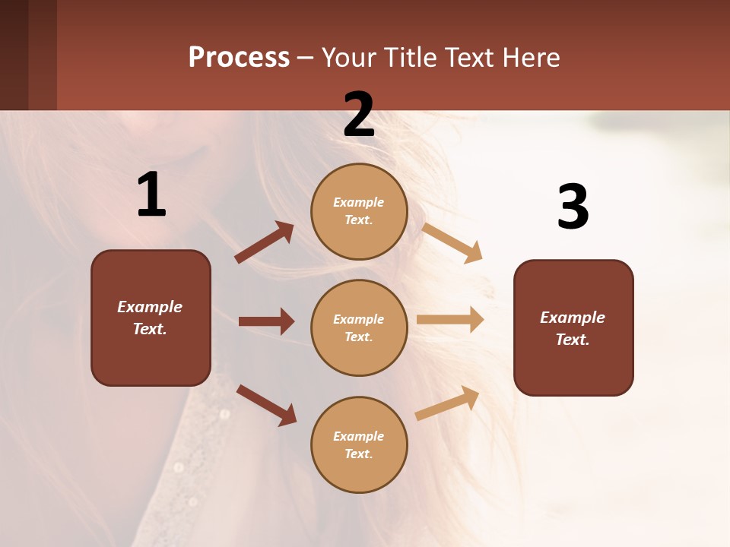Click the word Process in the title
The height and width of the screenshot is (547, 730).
239,58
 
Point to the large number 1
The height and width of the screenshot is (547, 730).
151,194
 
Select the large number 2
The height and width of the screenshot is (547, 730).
359,115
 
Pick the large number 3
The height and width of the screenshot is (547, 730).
573,207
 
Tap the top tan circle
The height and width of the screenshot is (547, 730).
359,211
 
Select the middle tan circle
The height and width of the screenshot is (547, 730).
359,328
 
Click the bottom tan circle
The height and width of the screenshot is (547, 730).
359,445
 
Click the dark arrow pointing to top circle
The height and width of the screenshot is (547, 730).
265,242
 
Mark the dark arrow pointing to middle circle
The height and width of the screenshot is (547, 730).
266,321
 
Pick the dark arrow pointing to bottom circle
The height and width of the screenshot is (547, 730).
267,404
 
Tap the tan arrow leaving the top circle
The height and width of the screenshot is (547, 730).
452,242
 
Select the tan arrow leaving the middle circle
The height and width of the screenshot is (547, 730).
450,320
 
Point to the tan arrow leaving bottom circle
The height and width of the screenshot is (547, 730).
448,403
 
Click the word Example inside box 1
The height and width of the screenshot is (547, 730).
150,307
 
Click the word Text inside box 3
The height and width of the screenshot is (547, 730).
572,340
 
